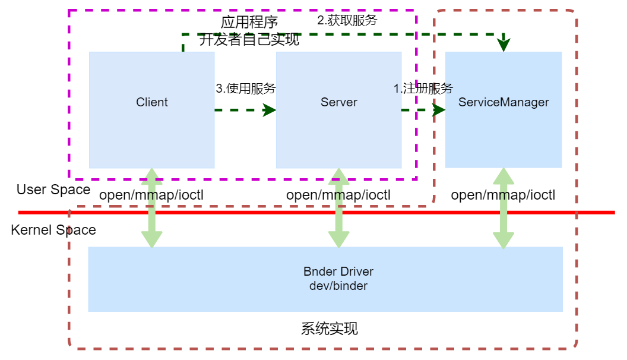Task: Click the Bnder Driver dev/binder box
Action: click(x=325, y=279)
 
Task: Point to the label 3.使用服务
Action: click(x=246, y=89)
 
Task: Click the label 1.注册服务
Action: click(x=423, y=89)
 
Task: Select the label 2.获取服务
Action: click(x=347, y=20)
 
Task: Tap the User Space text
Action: click(x=53, y=190)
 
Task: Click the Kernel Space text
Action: click(x=53, y=230)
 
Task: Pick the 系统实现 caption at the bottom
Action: click(x=330, y=329)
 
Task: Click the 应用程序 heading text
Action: click(x=249, y=23)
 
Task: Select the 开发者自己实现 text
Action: click(x=249, y=40)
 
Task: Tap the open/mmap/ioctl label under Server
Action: click(x=338, y=195)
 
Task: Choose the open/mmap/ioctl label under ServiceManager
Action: click(x=503, y=195)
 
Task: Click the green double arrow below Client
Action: click(x=151, y=208)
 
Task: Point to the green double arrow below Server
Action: click(x=338, y=208)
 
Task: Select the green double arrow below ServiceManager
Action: click(x=503, y=208)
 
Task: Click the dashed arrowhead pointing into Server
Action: click(x=270, y=110)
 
